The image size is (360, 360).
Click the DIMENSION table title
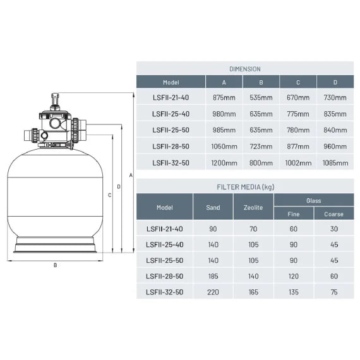coord(245,69)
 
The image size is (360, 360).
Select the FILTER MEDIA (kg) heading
coord(245,187)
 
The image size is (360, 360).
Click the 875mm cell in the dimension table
coord(224,97)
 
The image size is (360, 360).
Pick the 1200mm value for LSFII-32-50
coord(224,162)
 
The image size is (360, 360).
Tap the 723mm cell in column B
coord(261,146)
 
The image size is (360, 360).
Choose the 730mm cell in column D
coord(335,97)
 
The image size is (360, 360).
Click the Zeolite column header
coord(253,207)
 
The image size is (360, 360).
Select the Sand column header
coord(213,207)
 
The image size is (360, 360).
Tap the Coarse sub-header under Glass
coord(333,214)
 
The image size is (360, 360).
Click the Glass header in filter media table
coord(313,200)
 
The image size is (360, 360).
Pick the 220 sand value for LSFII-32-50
coord(213,292)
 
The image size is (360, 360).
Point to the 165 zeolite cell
coord(253,292)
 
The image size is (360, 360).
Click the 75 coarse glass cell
coord(333,292)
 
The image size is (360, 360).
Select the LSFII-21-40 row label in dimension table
coord(171,97)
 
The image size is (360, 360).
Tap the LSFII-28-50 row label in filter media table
coord(164,276)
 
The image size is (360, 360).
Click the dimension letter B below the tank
coord(55,265)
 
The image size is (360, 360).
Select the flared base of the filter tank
coord(55,247)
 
